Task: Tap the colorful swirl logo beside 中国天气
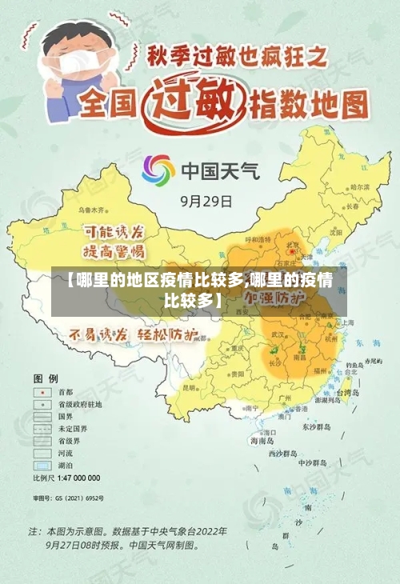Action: pyautogui.click(x=158, y=170)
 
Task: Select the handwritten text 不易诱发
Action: pyautogui.click(x=98, y=334)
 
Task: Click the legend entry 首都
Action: pyautogui.click(x=65, y=393)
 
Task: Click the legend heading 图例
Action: pyautogui.click(x=45, y=377)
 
